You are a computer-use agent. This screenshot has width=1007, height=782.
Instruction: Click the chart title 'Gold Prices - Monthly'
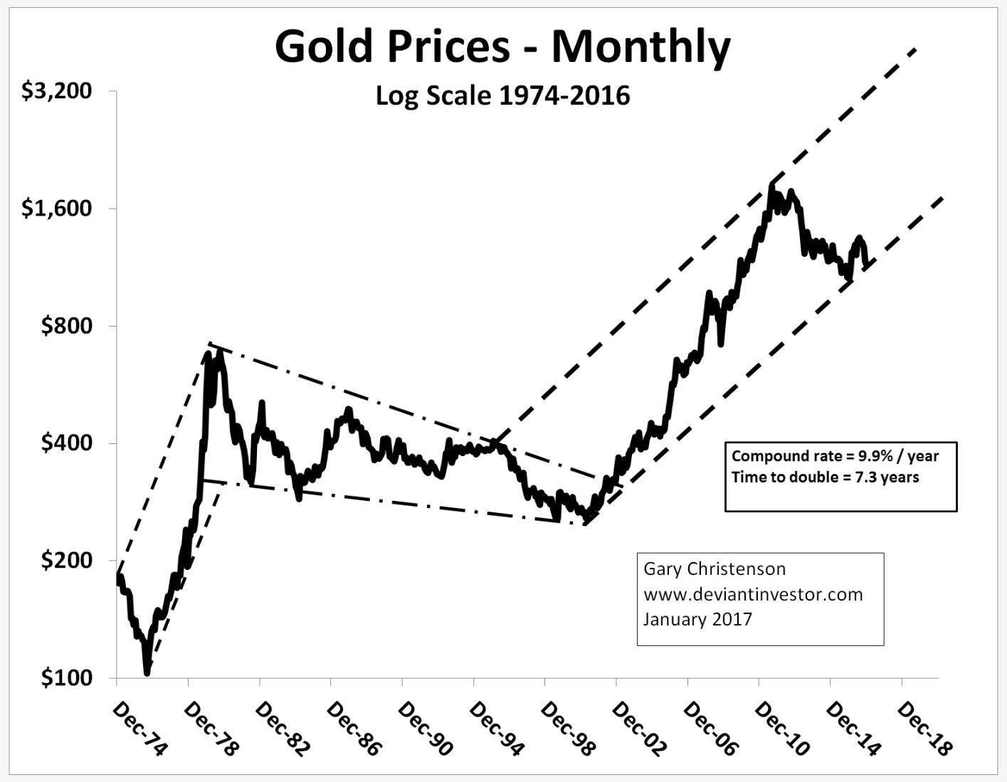click(502, 47)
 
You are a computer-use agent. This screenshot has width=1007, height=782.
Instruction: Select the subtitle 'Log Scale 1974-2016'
click(502, 95)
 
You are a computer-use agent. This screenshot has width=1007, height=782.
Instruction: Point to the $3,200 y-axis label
click(57, 91)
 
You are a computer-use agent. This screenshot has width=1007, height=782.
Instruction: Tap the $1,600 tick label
click(57, 208)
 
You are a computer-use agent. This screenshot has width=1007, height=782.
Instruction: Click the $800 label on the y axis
click(67, 326)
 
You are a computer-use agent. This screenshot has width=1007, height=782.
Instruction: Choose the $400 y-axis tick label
click(67, 443)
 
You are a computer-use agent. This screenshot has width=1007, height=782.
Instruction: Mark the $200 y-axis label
click(67, 561)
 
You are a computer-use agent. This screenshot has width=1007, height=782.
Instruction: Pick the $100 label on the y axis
click(67, 678)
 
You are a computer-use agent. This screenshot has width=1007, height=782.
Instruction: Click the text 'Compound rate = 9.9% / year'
click(835, 456)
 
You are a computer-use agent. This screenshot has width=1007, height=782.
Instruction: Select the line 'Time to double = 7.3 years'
click(825, 477)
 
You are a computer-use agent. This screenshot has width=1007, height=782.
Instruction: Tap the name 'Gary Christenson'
click(715, 569)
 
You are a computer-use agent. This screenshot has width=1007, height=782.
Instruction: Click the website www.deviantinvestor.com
click(753, 594)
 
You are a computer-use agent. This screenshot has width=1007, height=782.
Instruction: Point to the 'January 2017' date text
click(697, 619)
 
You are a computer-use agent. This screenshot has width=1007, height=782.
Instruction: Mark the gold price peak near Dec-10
click(771, 185)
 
